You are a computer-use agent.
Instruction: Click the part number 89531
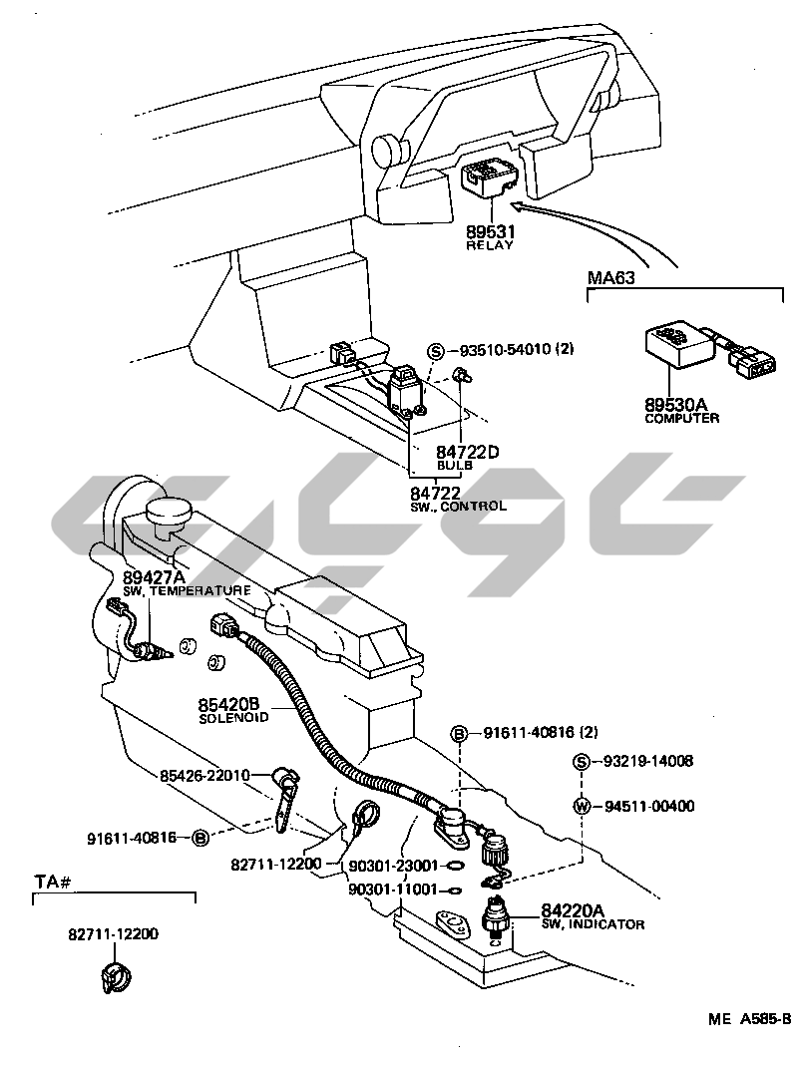[490, 231]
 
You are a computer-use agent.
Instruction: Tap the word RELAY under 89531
[490, 245]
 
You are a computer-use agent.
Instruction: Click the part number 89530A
[675, 404]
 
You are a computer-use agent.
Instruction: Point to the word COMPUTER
[682, 418]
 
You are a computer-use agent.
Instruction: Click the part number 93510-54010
[504, 350]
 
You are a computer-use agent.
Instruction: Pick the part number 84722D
[468, 452]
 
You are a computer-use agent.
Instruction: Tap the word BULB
[454, 466]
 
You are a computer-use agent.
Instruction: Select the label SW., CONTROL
[459, 507]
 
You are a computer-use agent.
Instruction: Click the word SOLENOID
[233, 718]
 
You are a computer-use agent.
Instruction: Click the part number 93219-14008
[647, 762]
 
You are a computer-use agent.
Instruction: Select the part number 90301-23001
[393, 866]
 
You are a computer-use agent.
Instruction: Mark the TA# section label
[54, 883]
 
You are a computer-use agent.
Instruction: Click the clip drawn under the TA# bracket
[116, 976]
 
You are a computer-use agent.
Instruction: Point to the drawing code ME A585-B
[749, 1019]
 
